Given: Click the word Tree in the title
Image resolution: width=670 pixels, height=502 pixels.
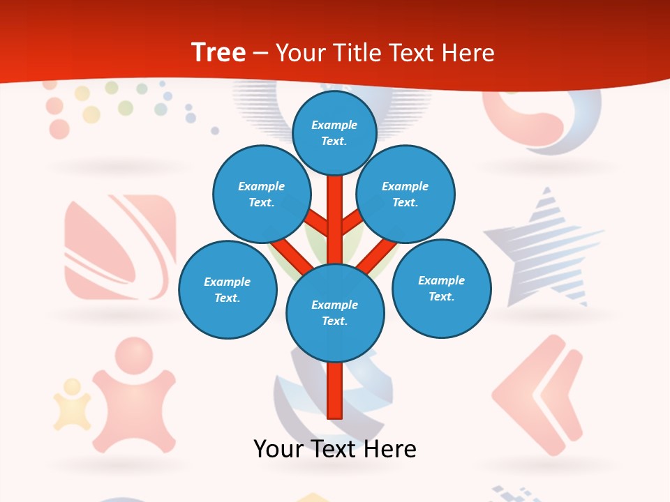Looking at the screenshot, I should pos(218,53).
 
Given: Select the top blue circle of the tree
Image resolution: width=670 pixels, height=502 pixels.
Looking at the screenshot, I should pos(334,132).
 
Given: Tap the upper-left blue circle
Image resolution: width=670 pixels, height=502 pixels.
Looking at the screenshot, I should pos(261,194).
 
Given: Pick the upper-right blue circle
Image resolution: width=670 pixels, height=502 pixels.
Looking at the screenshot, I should pos(405,194).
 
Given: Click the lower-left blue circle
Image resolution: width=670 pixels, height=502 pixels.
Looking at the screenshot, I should pos(228,289).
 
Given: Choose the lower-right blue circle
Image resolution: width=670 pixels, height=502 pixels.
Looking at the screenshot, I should pos(441,288).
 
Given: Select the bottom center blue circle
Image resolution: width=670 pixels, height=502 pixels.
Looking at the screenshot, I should pos(335,312).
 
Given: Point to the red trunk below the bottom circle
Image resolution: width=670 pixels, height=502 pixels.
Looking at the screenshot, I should pos(335,390).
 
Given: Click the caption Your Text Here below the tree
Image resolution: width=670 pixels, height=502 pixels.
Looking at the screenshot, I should pos(335,449).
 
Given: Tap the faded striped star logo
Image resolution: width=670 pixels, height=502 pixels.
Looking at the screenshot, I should pos(544,248).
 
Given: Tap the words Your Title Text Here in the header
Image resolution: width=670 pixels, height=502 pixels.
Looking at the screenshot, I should pos(385,53).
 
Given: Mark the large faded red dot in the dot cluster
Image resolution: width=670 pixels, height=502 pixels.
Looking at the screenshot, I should pos(59,129).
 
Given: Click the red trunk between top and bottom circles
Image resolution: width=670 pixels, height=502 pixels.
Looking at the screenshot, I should pos(335,216).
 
